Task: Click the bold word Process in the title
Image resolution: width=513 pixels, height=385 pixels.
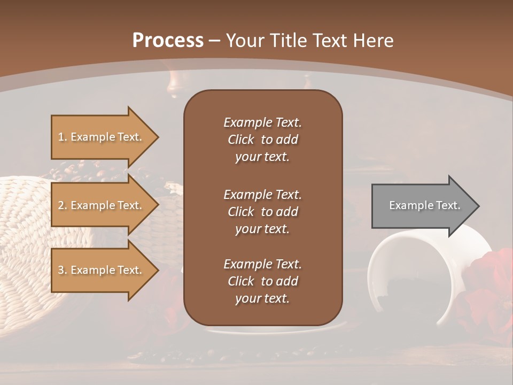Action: (x=168, y=41)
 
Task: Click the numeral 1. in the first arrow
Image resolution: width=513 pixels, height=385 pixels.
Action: (x=63, y=137)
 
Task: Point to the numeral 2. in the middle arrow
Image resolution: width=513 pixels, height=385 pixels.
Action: (x=63, y=205)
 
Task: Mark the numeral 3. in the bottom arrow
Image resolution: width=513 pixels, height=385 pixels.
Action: (x=63, y=270)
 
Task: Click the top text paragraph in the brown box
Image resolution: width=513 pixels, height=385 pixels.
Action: (x=262, y=140)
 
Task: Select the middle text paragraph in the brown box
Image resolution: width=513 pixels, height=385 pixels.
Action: (x=262, y=212)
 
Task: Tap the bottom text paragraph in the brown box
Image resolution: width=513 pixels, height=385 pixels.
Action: (x=262, y=281)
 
